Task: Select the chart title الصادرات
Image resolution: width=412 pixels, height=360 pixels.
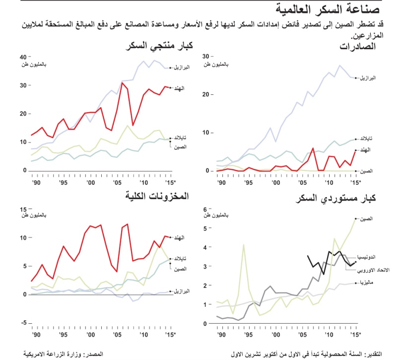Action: (357, 47)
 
